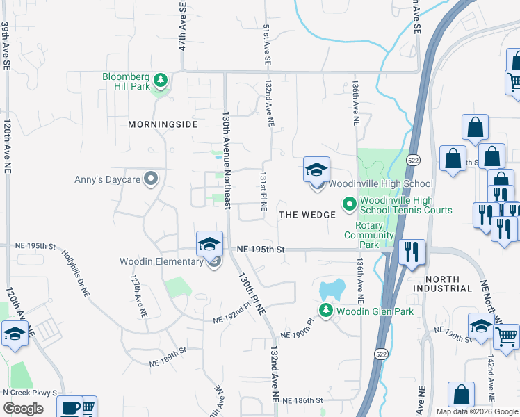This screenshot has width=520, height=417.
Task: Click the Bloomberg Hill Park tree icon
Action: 161,81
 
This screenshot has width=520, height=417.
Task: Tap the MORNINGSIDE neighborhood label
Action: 163,124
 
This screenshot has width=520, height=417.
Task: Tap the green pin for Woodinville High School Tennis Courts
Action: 349,204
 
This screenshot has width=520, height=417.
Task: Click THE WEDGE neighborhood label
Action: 307,215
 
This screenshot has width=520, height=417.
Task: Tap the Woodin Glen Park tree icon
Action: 325,310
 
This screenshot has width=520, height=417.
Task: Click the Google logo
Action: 23,408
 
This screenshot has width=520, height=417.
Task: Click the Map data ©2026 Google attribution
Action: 476,411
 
